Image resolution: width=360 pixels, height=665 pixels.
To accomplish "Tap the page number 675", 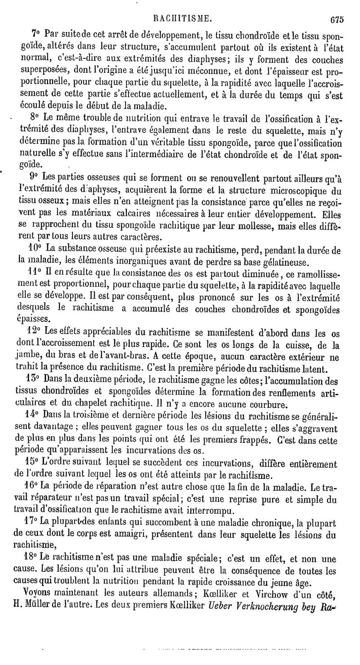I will pos(336,19).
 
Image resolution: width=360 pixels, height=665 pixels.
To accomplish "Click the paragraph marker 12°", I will pos(36,332).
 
